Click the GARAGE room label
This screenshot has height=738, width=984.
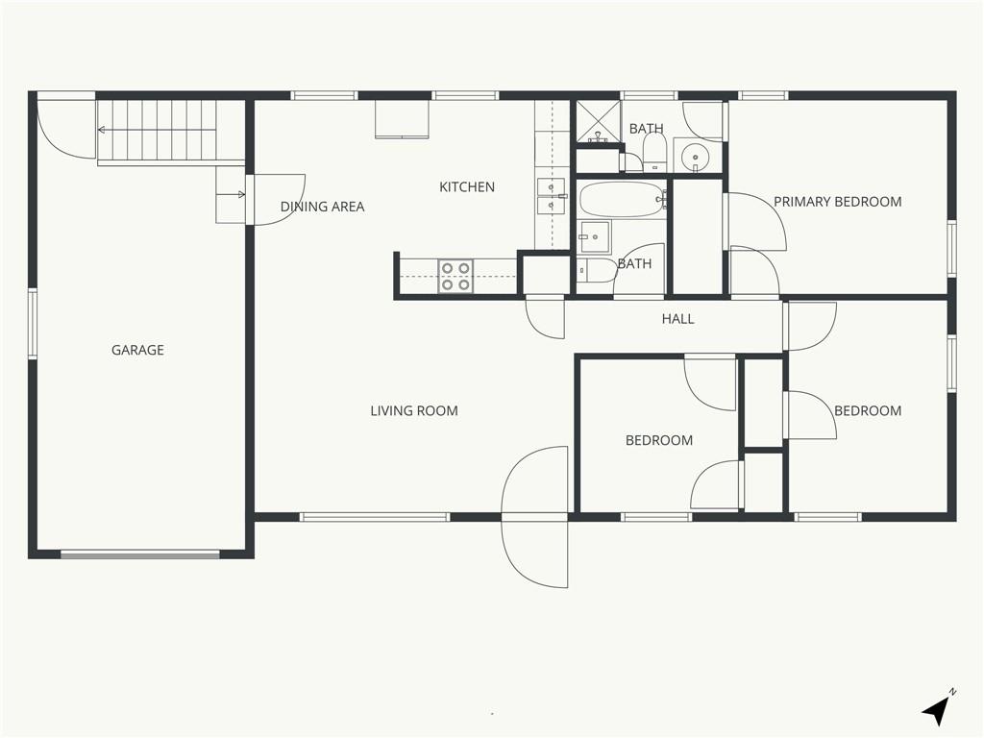click(137, 350)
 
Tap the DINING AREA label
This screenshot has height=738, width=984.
click(322, 207)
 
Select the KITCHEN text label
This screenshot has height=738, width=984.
click(467, 187)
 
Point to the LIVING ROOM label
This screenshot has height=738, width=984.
click(414, 411)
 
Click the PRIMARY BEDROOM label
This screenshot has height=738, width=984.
click(837, 202)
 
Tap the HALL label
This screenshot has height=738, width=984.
click(677, 319)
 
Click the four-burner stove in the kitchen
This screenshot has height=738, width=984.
click(455, 277)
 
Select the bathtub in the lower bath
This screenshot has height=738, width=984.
click(622, 200)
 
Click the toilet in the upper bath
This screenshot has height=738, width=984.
click(654, 152)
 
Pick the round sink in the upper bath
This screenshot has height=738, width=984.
click(696, 154)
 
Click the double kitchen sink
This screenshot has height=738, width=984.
click(551, 197)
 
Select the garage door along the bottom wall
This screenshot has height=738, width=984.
click(140, 554)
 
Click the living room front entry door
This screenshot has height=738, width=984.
click(535, 517)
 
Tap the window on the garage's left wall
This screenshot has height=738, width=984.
click(32, 324)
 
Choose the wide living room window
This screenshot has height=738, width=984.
click(375, 517)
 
